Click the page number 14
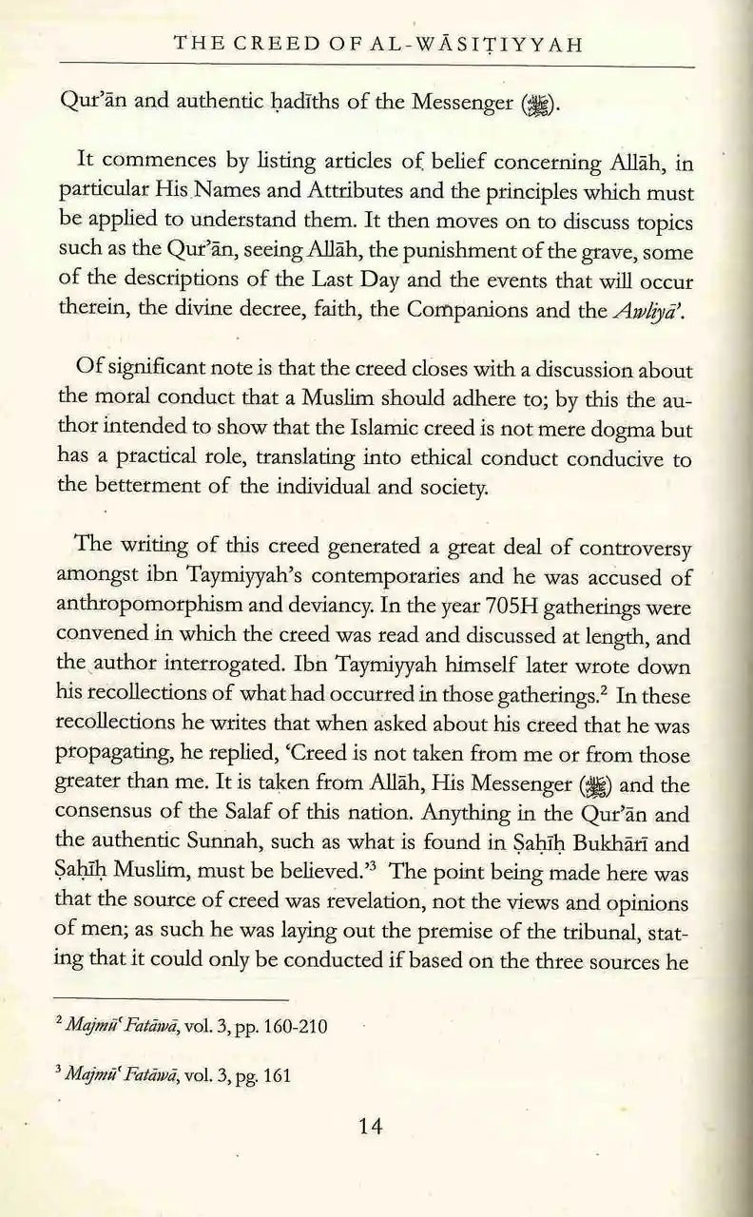[371, 1128]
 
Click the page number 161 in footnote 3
[276, 1077]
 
